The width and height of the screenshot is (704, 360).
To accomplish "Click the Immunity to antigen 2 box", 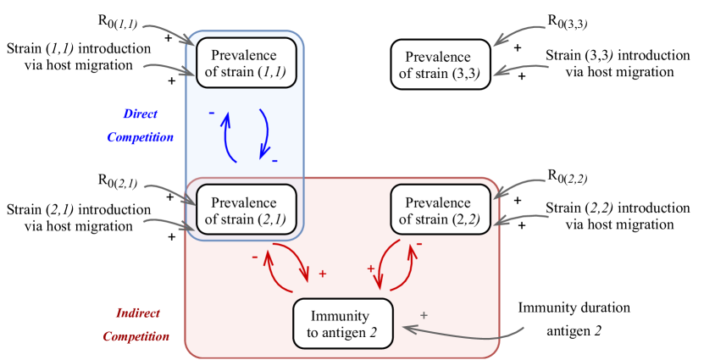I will (x=343, y=324).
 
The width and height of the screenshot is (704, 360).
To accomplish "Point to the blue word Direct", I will (x=141, y=114).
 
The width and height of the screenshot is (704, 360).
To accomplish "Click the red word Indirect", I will (x=138, y=313).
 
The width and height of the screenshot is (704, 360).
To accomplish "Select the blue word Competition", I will (x=141, y=136).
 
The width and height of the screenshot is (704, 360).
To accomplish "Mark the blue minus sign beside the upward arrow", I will (x=211, y=113).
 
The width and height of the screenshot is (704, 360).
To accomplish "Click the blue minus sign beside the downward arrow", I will (x=275, y=159).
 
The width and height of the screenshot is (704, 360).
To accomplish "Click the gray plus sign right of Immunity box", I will (x=424, y=315).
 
